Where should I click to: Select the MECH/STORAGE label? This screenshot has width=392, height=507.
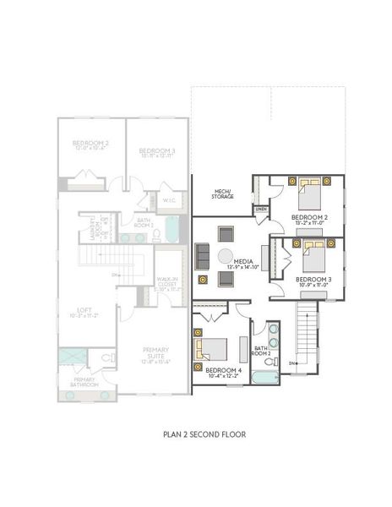point(222,195)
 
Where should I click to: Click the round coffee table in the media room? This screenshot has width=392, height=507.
point(226,256)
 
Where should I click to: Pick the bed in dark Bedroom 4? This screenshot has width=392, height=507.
point(214,348)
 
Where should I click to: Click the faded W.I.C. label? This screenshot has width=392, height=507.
point(168,200)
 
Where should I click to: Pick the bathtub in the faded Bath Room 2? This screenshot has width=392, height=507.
point(171,227)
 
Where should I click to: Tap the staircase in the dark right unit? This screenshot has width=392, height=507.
point(307,334)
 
